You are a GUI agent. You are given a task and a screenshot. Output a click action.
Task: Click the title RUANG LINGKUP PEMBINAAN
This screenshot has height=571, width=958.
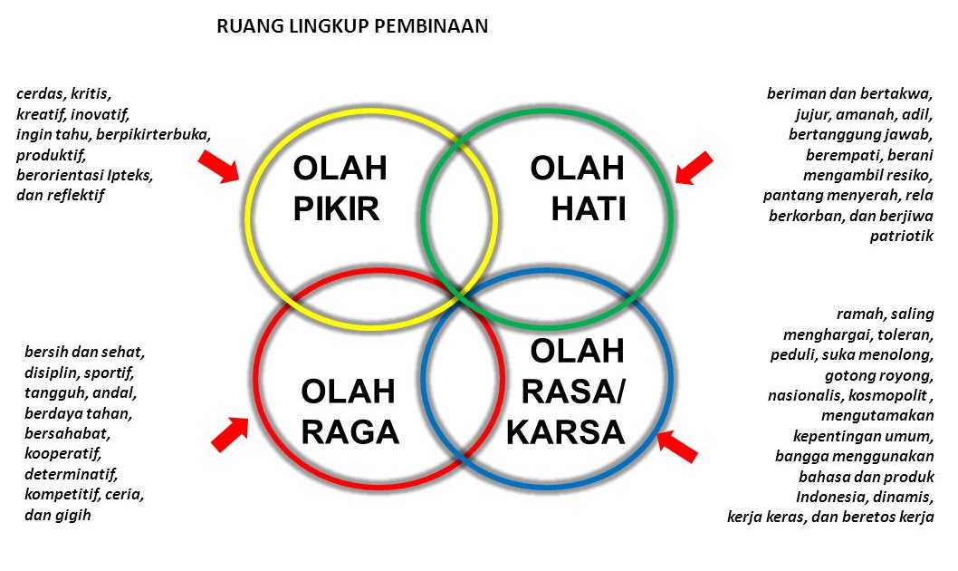coord(352,26)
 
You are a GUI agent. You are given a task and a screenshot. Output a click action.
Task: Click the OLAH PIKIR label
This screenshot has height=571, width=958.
coord(340,189)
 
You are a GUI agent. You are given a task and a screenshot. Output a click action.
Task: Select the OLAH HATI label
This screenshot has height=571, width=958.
coord(578,189)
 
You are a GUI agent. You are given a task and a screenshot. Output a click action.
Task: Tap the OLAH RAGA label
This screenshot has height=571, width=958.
coord(350,412)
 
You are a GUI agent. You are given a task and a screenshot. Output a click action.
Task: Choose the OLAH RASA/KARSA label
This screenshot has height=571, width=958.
coord(566,392)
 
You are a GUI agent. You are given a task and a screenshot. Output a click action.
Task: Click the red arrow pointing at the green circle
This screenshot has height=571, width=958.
coord(694,168)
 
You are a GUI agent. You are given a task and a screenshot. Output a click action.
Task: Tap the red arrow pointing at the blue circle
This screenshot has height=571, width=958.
coord(677,445)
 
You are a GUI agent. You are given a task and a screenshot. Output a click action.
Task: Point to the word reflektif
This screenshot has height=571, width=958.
coord(76,195)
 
